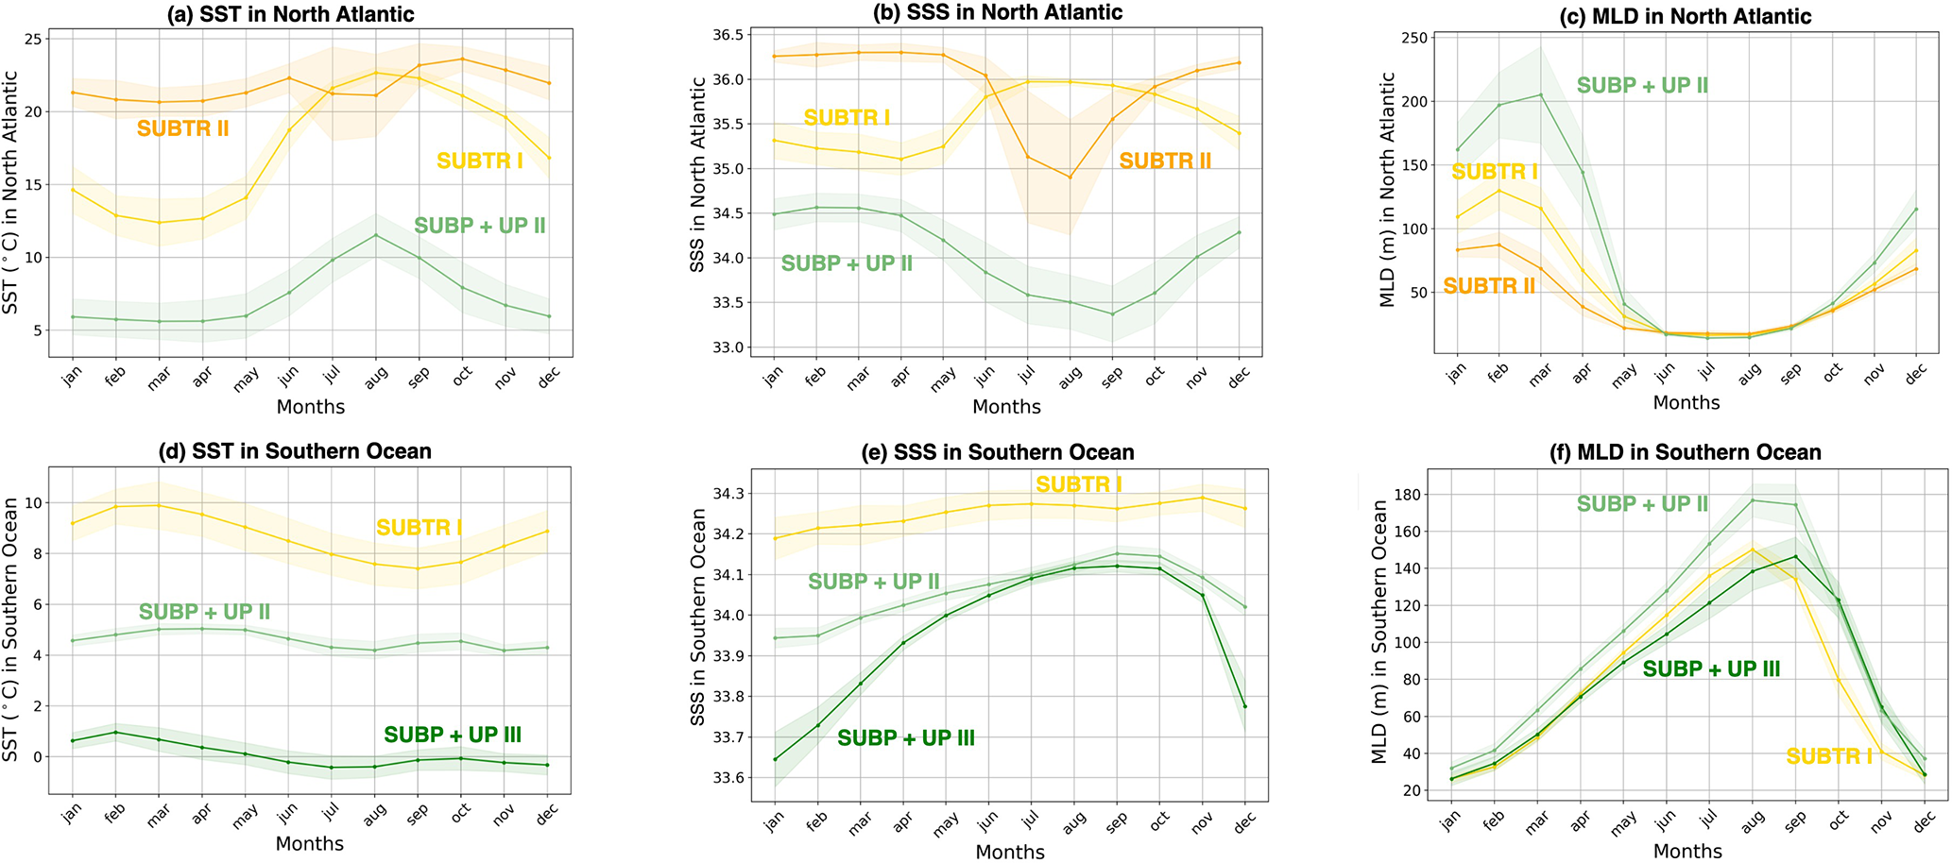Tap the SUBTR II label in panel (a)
click(x=182, y=128)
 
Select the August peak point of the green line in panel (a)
click(x=375, y=235)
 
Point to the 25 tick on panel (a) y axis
click(x=33, y=39)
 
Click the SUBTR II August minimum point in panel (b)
click(x=1070, y=178)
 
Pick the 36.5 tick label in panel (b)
click(x=728, y=35)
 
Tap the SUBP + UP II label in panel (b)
click(x=847, y=263)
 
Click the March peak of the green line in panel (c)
click(x=1541, y=94)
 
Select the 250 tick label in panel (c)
click(x=1413, y=38)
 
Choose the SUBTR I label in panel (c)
click(x=1494, y=172)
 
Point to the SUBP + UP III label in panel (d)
click(x=453, y=735)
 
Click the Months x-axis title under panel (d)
click(x=309, y=843)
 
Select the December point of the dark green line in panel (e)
click(x=1244, y=706)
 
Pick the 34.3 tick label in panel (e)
click(x=728, y=494)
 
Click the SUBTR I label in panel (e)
click(x=1078, y=484)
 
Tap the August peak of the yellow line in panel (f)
click(x=1753, y=550)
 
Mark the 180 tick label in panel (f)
click(x=1413, y=495)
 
